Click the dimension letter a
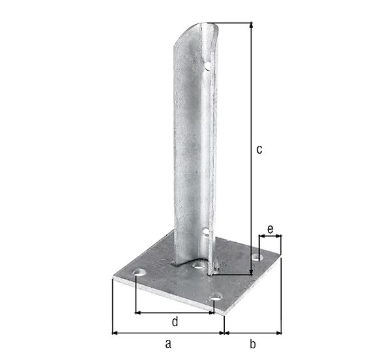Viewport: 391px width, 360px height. pyautogui.click(x=168, y=343)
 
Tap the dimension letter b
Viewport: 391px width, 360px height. pyautogui.click(x=253, y=343)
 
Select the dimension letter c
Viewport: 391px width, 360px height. pyautogui.click(x=259, y=149)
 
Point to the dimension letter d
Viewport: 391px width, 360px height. pyautogui.click(x=175, y=322)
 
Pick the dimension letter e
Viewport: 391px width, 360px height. pyautogui.click(x=270, y=229)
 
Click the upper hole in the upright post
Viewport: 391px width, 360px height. pyautogui.click(x=207, y=65)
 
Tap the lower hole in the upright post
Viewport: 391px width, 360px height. pyautogui.click(x=206, y=231)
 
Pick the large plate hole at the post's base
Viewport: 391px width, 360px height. pyautogui.click(x=197, y=266)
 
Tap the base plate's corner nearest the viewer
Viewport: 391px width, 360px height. pyautogui.click(x=224, y=314)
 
